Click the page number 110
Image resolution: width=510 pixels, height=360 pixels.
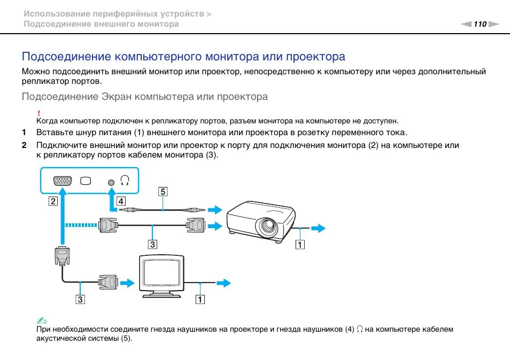click(x=480, y=24)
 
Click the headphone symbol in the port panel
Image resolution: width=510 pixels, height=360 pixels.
click(x=125, y=181)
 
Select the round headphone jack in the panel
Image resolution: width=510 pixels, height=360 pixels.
click(x=111, y=181)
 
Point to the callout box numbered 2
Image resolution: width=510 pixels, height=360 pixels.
click(x=52, y=201)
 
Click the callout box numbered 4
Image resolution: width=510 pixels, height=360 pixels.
click(x=121, y=201)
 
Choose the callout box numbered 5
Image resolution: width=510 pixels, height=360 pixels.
click(x=163, y=191)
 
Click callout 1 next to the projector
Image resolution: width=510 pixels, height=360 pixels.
click(x=300, y=245)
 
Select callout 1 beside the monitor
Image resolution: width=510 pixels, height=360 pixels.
click(x=200, y=299)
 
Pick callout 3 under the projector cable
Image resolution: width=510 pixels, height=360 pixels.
click(x=153, y=245)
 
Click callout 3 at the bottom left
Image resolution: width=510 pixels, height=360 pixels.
click(x=80, y=299)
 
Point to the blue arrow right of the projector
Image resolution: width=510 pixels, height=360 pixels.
click(x=318, y=229)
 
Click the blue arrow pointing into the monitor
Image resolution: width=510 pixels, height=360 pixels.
click(x=128, y=281)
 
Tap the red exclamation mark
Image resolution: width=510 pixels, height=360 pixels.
click(x=40, y=113)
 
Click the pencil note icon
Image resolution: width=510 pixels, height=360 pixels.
click(x=41, y=320)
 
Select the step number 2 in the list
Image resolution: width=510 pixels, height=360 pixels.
click(x=24, y=145)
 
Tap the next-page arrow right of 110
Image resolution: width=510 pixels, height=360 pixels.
click(x=493, y=24)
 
